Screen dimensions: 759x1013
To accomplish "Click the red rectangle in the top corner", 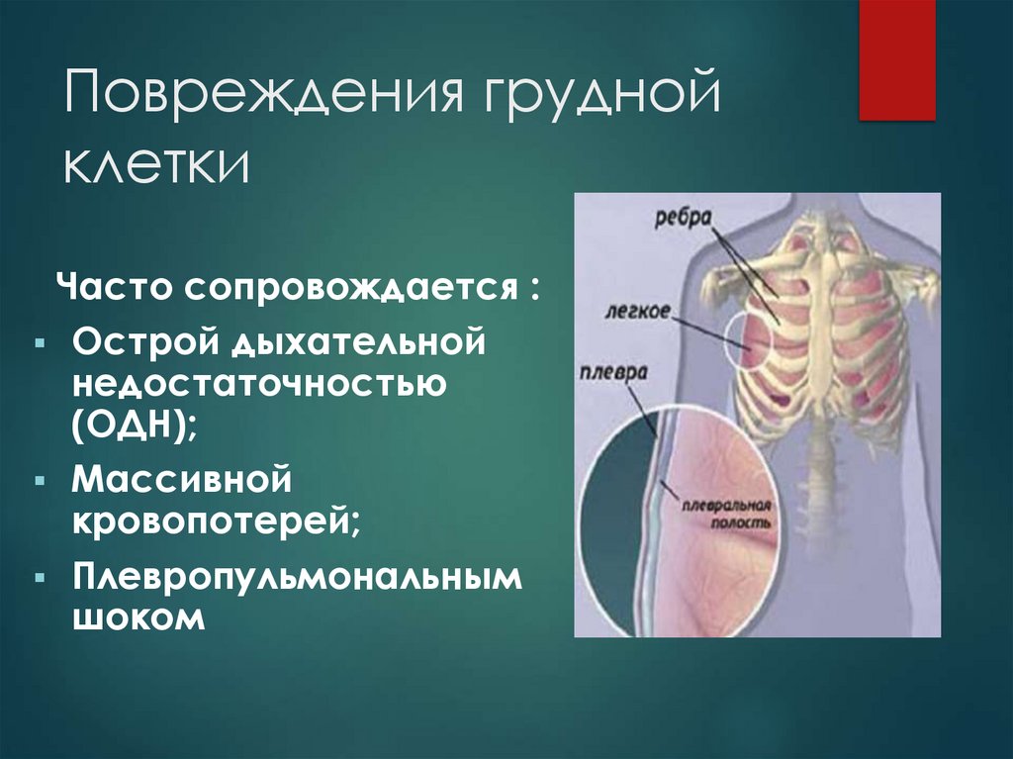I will (x=896, y=59).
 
